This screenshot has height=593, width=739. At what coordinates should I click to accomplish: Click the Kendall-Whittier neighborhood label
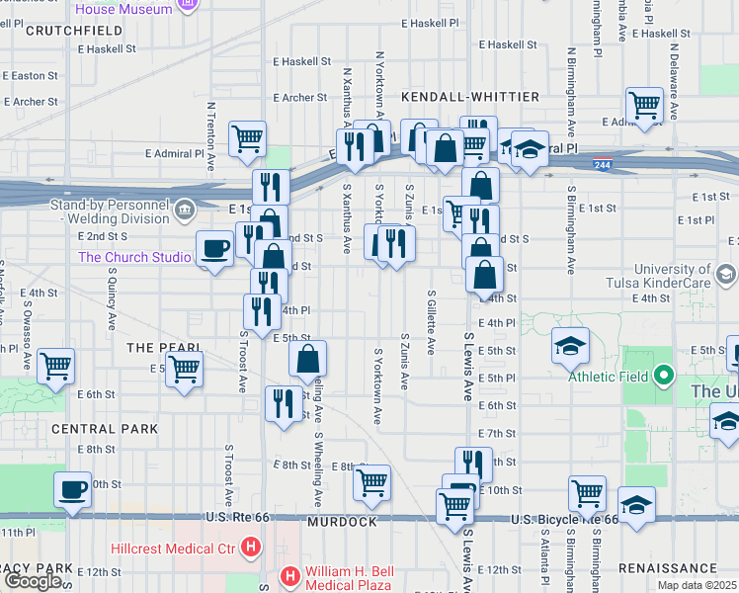pos(470,97)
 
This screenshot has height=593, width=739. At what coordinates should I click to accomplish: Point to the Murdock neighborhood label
pos(342,521)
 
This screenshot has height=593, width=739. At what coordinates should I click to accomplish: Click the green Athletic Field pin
pos(664,376)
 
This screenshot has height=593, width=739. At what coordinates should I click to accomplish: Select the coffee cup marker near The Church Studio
pos(214,248)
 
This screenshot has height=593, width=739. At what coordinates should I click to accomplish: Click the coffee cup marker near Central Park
pos(71,490)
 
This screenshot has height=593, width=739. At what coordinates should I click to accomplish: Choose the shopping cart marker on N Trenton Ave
pos(247,137)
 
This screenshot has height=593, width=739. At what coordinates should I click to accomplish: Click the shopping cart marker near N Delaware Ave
pos(644,104)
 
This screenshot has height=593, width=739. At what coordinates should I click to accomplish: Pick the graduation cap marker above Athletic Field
pos(571,346)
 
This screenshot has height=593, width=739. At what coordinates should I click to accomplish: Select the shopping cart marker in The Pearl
pos(184,370)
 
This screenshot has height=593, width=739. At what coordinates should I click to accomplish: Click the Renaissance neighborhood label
pos(667,568)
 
